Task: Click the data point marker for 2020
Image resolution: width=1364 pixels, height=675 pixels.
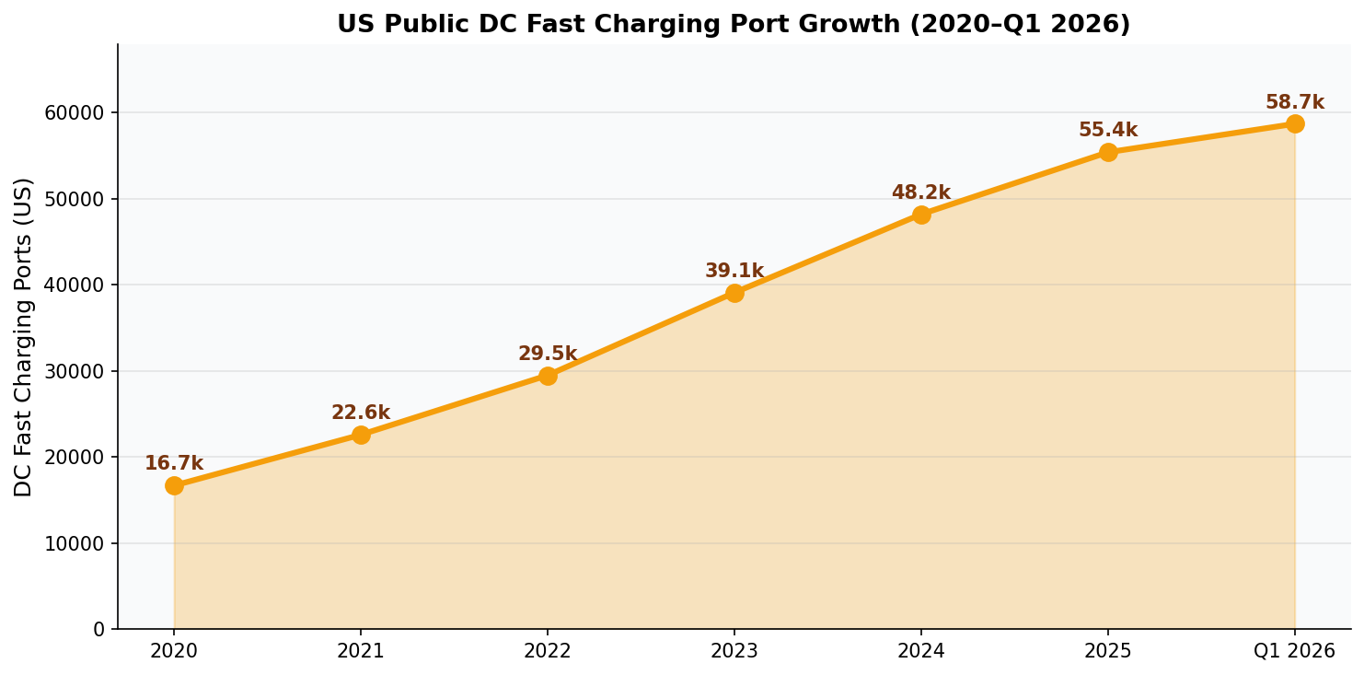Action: tap(174, 485)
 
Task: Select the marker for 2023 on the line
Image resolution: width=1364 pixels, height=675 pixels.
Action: tap(734, 293)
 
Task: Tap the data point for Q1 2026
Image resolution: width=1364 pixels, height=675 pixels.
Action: tap(1295, 123)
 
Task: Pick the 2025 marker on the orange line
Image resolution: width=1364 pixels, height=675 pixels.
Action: tap(1108, 152)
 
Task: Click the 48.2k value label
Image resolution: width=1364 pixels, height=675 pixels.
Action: tap(920, 192)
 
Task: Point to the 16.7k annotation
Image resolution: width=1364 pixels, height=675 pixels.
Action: tap(174, 463)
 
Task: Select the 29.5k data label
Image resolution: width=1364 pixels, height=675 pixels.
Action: tap(548, 354)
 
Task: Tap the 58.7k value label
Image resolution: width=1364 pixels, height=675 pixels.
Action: tap(1294, 102)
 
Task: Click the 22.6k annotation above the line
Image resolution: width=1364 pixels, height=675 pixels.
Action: tap(361, 413)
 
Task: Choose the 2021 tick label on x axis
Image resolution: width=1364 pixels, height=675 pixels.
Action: tap(361, 652)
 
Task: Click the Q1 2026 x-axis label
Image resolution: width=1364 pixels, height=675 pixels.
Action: tap(1294, 652)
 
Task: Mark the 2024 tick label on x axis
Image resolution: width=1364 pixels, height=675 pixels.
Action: tap(921, 652)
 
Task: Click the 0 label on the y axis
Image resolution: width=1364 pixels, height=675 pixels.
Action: tap(99, 629)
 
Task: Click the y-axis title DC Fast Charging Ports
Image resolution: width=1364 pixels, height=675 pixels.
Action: tap(24, 336)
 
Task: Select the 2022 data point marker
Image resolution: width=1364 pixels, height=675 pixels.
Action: tap(548, 376)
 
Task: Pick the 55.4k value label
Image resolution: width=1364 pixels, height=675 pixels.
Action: tap(1108, 130)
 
